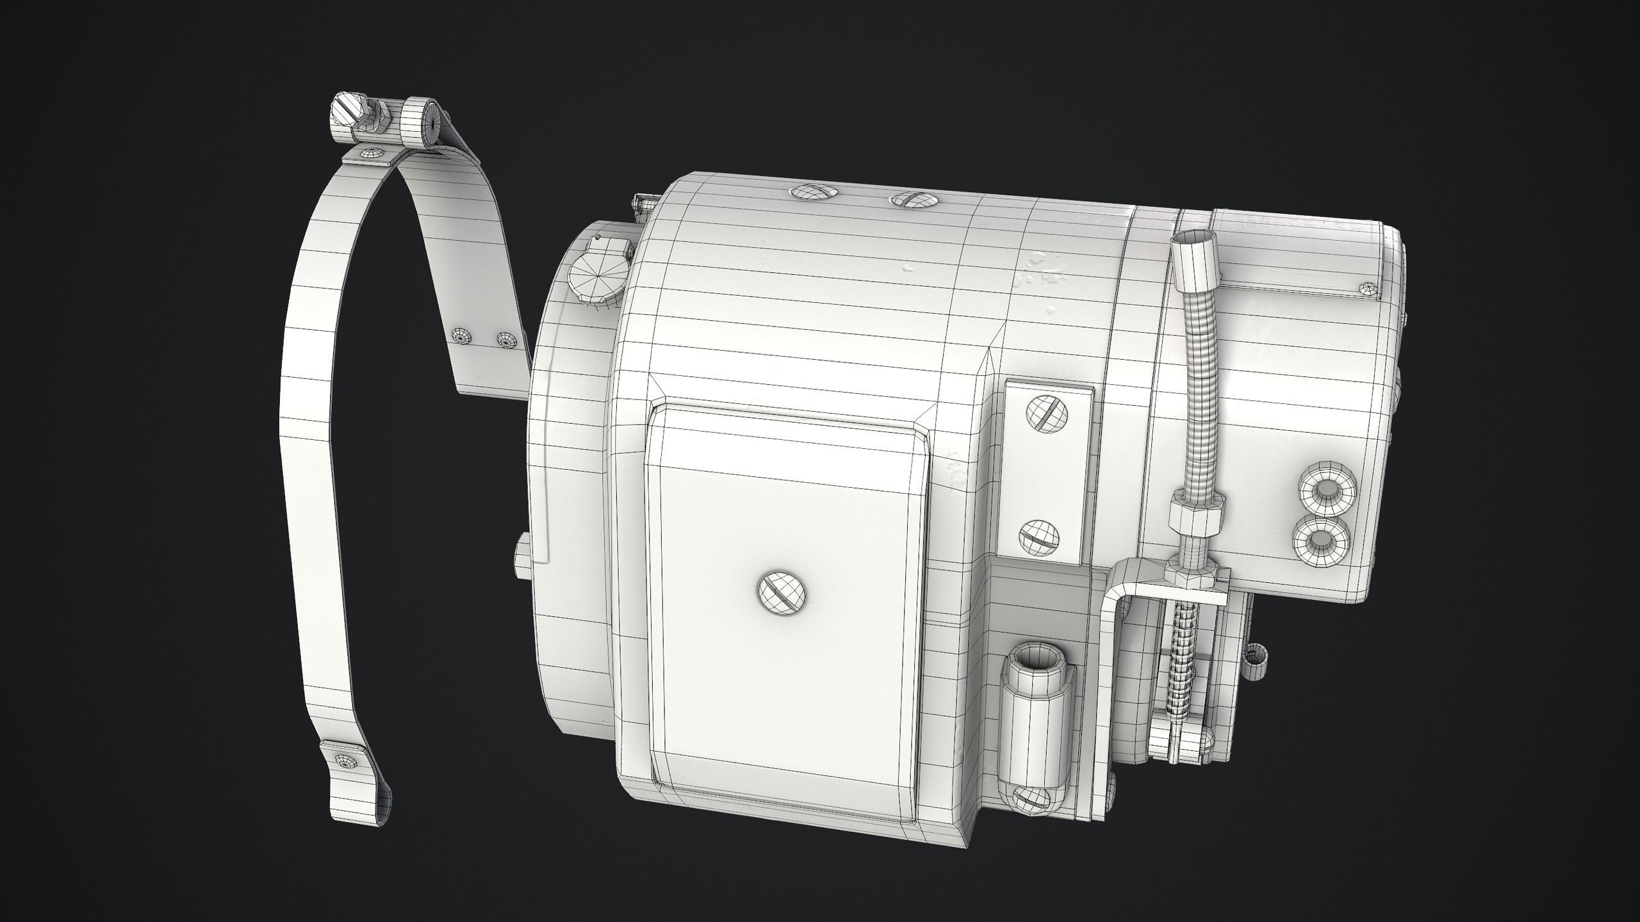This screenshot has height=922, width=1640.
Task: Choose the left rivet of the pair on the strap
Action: tap(462, 335)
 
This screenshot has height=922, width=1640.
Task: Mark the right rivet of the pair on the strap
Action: tap(506, 340)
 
